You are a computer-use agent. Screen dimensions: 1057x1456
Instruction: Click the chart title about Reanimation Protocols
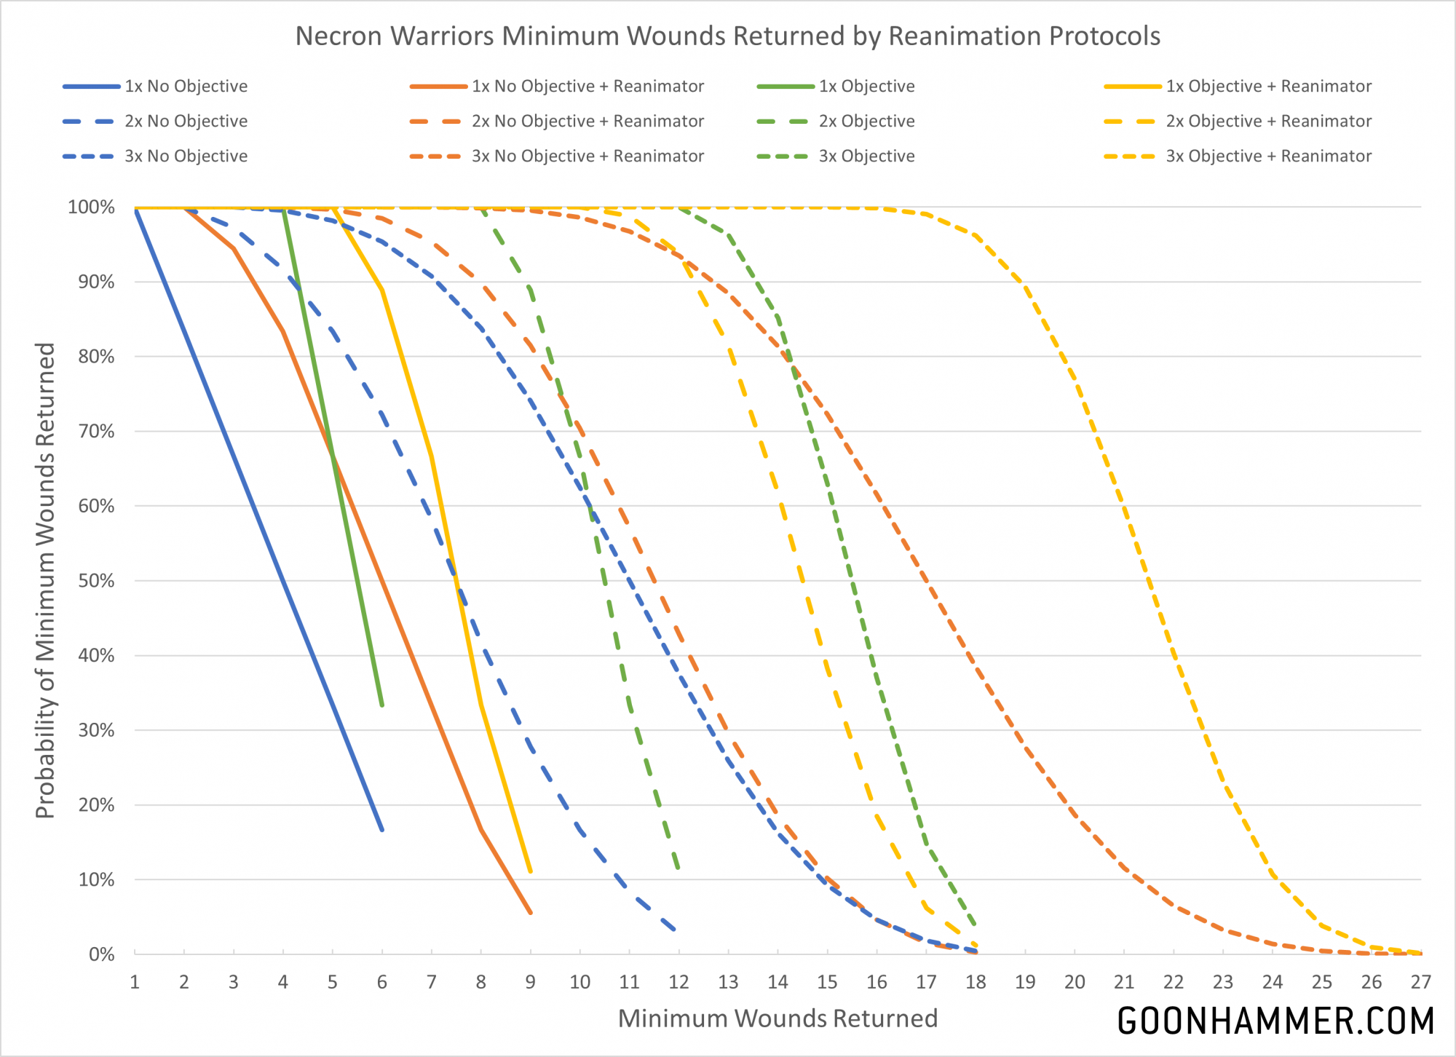click(x=727, y=36)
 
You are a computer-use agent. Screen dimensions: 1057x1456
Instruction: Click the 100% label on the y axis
click(x=92, y=207)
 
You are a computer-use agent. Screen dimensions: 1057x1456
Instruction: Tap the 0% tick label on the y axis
click(x=102, y=954)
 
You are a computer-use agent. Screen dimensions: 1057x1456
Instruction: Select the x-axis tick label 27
click(x=1420, y=983)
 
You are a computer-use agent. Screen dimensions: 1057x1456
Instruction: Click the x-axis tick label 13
click(x=728, y=983)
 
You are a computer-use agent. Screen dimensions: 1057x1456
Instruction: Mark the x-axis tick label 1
click(x=135, y=983)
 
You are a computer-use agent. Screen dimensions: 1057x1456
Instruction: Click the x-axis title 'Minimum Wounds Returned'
click(x=778, y=1018)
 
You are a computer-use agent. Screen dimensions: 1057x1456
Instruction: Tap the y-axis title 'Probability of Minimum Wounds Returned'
click(x=45, y=580)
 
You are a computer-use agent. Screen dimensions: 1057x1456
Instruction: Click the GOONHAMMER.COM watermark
click(x=1275, y=1021)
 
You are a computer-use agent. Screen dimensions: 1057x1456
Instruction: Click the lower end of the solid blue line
click(x=382, y=830)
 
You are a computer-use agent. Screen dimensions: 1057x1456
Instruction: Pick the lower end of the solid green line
click(x=382, y=705)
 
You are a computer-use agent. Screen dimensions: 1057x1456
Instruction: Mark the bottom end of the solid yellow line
click(x=531, y=871)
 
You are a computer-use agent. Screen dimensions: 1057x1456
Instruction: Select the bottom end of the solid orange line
click(x=531, y=913)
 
